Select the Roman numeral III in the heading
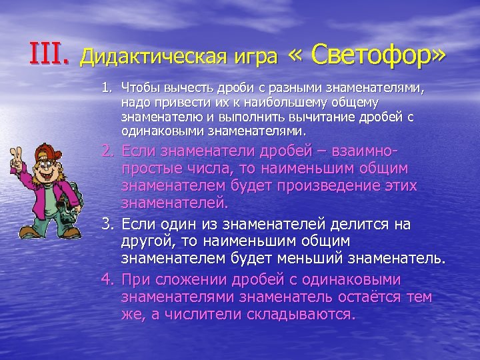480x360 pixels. tap(48, 54)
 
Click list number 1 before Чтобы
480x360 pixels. tap(106, 88)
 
